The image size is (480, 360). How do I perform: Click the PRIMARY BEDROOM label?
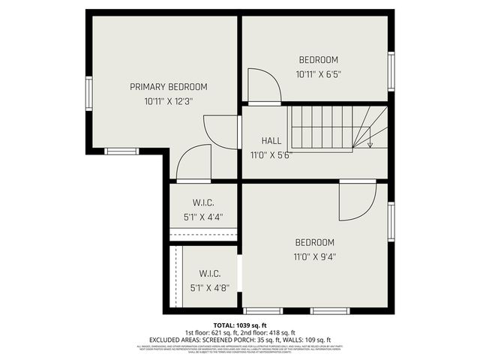pos(168,87)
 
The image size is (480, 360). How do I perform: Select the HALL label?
pos(271,141)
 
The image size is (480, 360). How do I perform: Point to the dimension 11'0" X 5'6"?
pos(271,156)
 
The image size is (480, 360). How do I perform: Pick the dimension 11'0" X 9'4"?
pos(314,256)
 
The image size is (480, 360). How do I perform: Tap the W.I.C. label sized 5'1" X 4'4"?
pos(202,202)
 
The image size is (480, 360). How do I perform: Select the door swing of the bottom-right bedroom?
pos(356,201)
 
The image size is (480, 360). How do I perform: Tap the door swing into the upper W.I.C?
pos(193,163)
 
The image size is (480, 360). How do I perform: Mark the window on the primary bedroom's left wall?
pos(88,94)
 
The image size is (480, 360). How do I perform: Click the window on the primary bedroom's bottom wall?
pos(121,151)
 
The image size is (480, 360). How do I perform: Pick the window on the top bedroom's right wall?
pos(391,71)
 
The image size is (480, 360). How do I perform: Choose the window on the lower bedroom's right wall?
pos(391,221)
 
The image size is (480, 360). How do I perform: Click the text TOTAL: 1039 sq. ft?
pos(240,325)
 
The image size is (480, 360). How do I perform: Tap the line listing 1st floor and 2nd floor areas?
pos(240,332)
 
